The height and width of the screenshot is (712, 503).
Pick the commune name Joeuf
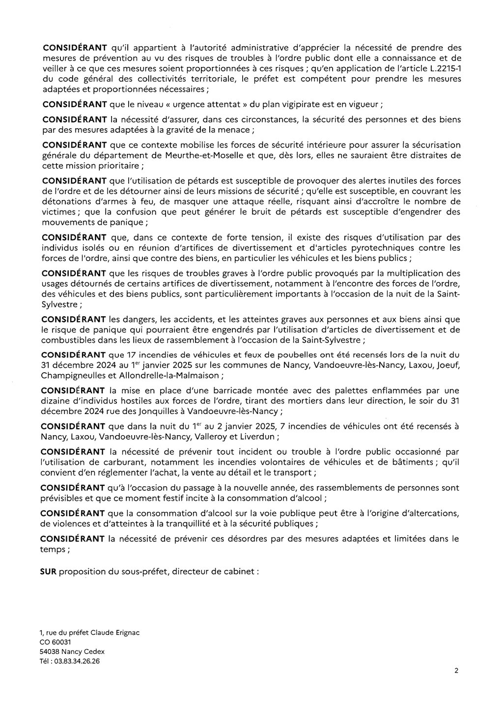pyautogui.click(x=449, y=365)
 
